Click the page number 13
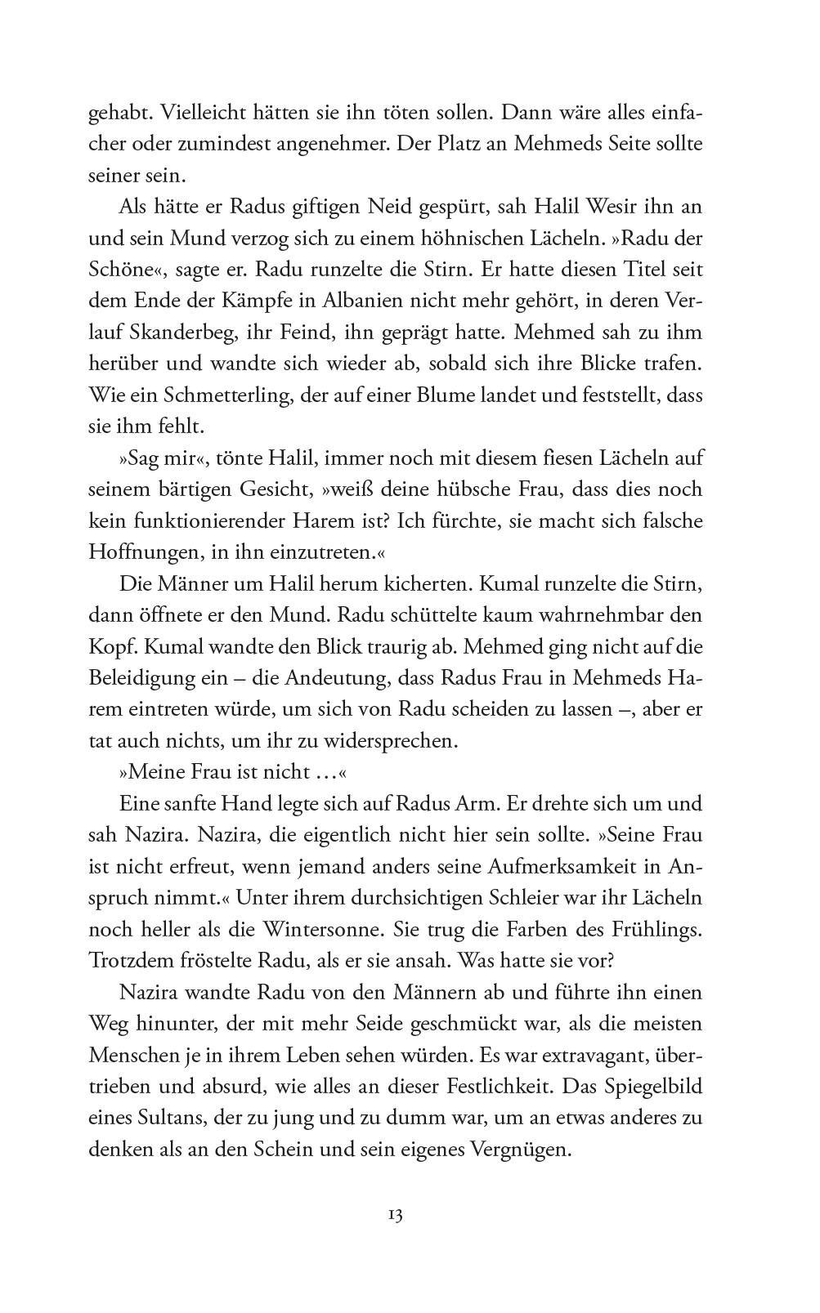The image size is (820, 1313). coord(394,1214)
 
